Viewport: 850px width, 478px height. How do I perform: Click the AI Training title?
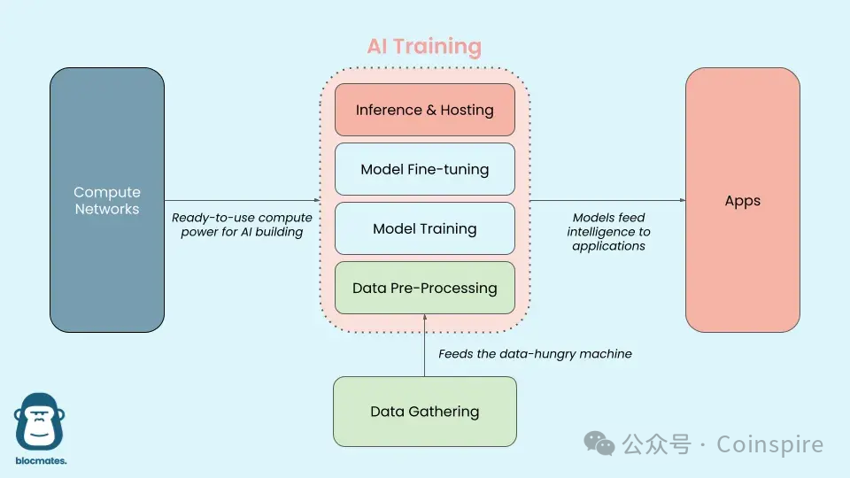pyautogui.click(x=424, y=47)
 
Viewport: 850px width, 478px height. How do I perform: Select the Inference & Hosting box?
pyautogui.click(x=424, y=110)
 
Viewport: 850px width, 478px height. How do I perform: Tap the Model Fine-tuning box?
pyautogui.click(x=424, y=169)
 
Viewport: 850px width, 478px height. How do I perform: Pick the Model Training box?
pyautogui.click(x=424, y=228)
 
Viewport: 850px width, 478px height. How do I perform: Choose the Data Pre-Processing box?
pyautogui.click(x=424, y=288)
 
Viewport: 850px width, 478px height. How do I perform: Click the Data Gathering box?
pyautogui.click(x=424, y=412)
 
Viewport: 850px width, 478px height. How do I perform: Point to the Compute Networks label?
pyautogui.click(x=107, y=201)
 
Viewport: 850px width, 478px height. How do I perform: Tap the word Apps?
pyautogui.click(x=742, y=201)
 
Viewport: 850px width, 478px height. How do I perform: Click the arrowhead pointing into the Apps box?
pyautogui.click(x=682, y=200)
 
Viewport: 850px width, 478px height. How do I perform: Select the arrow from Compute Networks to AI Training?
pyautogui.click(x=239, y=200)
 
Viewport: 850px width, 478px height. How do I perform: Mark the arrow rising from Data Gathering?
pyautogui.click(x=425, y=345)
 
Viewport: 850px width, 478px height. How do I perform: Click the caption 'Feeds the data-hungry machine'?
pyautogui.click(x=535, y=354)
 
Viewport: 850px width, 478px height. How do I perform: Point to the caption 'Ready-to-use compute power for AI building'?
pyautogui.click(x=242, y=225)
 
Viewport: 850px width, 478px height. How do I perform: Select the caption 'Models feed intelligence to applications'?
pyautogui.click(x=609, y=232)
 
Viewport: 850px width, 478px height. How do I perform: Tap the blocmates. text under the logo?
pyautogui.click(x=41, y=461)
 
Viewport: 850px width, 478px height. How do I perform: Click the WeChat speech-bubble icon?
pyautogui.click(x=603, y=443)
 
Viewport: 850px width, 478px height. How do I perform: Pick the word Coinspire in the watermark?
pyautogui.click(x=769, y=444)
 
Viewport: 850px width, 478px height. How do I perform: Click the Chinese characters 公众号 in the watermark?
pyautogui.click(x=656, y=444)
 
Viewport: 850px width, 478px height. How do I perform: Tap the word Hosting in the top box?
pyautogui.click(x=466, y=110)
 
